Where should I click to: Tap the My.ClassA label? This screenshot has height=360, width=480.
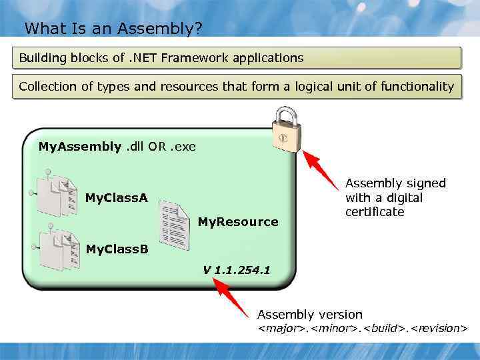(x=117, y=197)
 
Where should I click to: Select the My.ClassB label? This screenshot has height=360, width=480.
(x=117, y=249)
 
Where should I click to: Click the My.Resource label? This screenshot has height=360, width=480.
(x=238, y=222)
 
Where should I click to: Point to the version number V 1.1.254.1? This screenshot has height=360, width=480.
(x=237, y=270)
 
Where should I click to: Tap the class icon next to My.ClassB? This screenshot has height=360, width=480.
(x=58, y=249)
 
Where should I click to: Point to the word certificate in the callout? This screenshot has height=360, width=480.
(x=375, y=212)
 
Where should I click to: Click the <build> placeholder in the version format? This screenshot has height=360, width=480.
(x=383, y=328)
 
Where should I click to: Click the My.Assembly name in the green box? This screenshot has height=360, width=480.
(x=80, y=146)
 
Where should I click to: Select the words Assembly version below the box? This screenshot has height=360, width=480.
(x=310, y=315)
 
